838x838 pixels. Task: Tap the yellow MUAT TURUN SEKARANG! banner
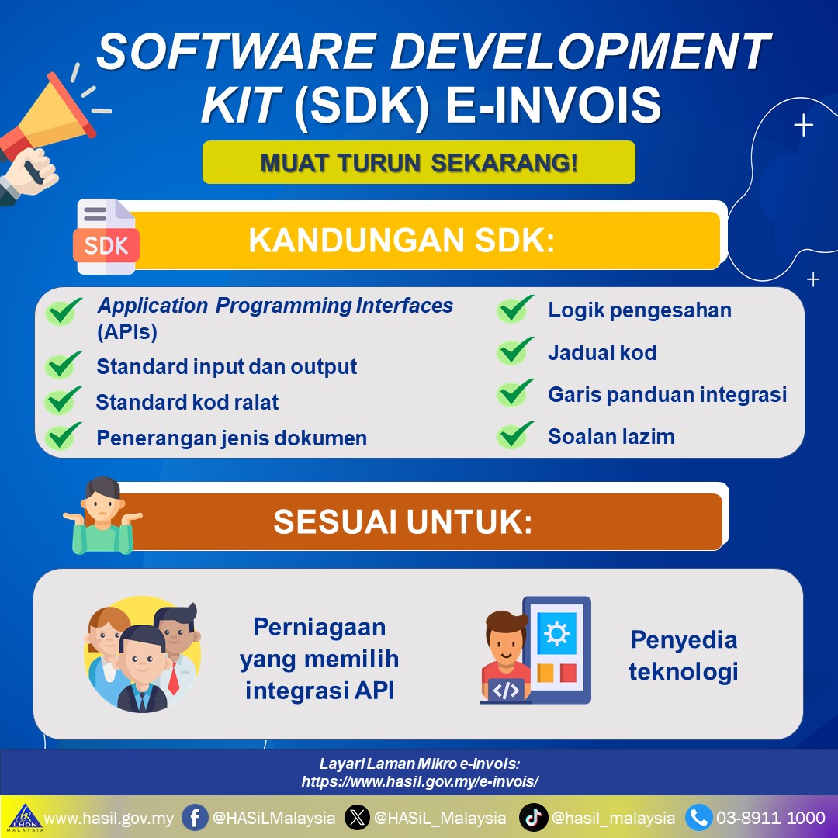pos(419,162)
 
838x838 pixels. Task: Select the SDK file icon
pos(106,236)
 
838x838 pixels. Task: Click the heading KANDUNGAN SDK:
pos(402,240)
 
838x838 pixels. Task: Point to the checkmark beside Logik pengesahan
pos(514,309)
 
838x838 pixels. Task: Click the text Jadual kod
pos(602,353)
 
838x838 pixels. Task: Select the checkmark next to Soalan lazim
pos(514,435)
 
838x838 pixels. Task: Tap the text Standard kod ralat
pos(187,403)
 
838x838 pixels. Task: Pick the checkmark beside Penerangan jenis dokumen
pos(63,436)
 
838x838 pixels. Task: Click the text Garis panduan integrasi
pos(667,395)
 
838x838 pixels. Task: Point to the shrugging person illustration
pos(102,516)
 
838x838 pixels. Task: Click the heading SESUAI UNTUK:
pos(403,521)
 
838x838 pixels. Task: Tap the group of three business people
pos(142,655)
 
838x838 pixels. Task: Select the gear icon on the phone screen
pos(556,634)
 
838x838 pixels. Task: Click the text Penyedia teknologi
pos(684,656)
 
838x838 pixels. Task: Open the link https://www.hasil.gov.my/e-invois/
pos(420,782)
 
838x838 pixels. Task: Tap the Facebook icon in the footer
pos(195,818)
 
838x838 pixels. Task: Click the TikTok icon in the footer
pos(533,818)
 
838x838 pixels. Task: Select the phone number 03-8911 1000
pos(770,818)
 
